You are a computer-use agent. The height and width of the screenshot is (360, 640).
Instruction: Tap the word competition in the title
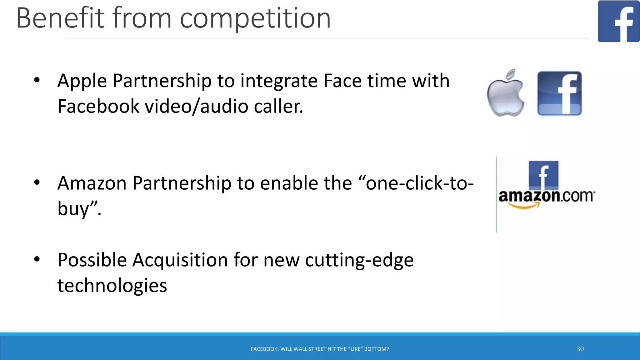click(255, 19)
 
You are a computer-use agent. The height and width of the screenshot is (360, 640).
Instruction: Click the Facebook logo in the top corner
click(618, 21)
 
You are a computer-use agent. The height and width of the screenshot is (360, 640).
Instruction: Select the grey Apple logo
click(506, 93)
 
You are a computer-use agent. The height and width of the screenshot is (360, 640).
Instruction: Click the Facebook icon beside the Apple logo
click(559, 93)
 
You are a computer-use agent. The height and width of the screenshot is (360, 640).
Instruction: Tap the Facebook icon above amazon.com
click(543, 175)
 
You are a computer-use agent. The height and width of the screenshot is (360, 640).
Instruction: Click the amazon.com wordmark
click(547, 196)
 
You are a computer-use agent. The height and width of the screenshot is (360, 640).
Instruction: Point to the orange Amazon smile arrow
click(524, 205)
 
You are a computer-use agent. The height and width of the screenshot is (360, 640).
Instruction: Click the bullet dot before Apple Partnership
click(37, 80)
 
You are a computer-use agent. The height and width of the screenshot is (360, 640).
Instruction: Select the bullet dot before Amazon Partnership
click(37, 182)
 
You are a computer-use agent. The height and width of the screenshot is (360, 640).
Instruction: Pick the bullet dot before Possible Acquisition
click(37, 259)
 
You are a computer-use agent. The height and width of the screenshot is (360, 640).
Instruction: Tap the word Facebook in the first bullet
click(98, 106)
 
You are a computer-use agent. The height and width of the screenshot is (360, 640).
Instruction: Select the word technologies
click(112, 285)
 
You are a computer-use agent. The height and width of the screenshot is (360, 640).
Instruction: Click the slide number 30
click(580, 349)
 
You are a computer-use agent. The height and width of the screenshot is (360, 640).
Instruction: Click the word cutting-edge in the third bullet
click(359, 260)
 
